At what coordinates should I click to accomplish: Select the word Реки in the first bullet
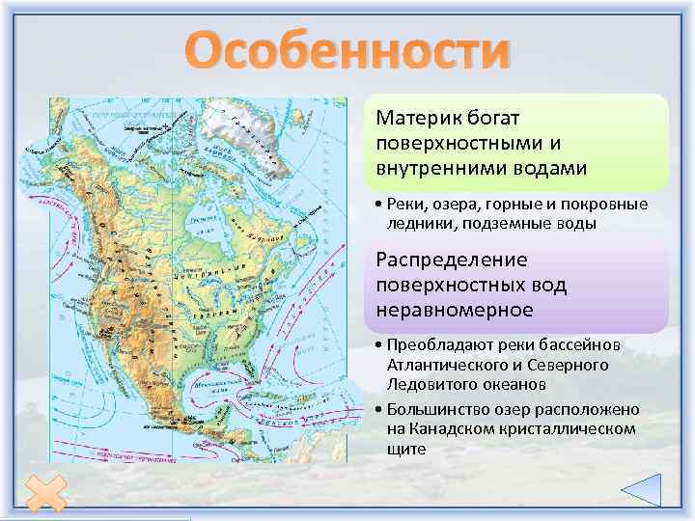click(402, 206)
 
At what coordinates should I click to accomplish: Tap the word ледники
click(413, 223)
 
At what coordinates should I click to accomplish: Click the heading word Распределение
click(438, 260)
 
